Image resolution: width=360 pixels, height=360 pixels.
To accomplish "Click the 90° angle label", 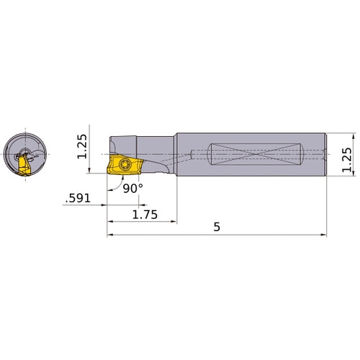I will tap(132, 187).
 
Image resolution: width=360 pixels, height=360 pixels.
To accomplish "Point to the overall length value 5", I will tap(217, 226).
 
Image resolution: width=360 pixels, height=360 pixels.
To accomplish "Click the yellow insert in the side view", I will tap(120, 166).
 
